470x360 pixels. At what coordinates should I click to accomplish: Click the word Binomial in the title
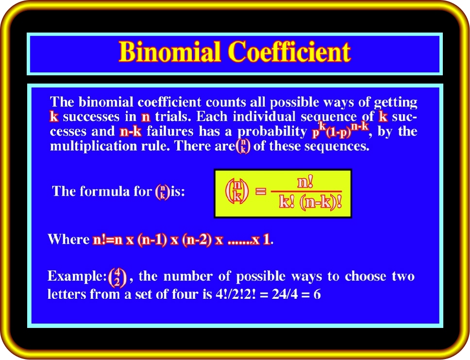click(x=169, y=51)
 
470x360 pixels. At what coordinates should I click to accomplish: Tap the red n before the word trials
click(x=146, y=117)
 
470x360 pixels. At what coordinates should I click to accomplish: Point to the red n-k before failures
click(x=131, y=131)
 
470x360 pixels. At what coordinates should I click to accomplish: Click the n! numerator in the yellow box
click(x=305, y=182)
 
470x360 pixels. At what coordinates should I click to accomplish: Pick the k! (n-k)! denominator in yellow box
click(x=310, y=203)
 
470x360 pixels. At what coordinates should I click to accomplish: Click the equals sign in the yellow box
click(x=260, y=191)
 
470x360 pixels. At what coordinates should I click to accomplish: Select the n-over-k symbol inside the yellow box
click(x=237, y=191)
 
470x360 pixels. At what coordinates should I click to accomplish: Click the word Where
click(x=68, y=240)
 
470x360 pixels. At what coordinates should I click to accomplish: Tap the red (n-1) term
click(x=152, y=240)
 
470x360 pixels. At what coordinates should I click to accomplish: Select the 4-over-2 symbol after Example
click(x=117, y=277)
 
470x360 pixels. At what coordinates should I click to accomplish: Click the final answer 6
click(x=317, y=294)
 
